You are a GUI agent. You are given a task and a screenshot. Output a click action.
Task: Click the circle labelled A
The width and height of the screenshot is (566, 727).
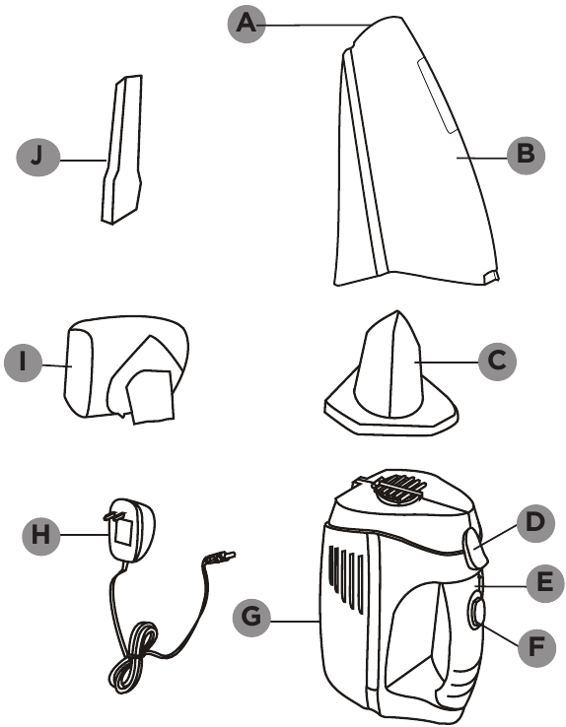tap(247, 24)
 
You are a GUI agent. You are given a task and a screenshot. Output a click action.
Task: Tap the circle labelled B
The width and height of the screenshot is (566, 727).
tap(526, 155)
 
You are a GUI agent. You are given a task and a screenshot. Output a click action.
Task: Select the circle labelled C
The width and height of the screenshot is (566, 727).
tap(497, 362)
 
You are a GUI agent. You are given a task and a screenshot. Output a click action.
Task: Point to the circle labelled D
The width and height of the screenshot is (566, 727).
tap(534, 522)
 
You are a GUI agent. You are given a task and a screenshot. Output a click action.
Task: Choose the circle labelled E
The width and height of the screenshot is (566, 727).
tap(545, 583)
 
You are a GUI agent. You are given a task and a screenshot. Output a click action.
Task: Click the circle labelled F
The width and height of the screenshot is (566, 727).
tap(535, 647)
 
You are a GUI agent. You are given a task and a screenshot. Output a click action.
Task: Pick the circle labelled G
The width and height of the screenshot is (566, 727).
tap(251, 617)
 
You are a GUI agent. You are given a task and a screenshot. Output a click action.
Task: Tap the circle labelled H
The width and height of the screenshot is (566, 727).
tap(41, 535)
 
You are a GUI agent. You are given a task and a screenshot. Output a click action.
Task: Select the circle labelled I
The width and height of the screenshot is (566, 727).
tap(24, 363)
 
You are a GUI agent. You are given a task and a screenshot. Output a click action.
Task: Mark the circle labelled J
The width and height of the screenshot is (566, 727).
tap(38, 157)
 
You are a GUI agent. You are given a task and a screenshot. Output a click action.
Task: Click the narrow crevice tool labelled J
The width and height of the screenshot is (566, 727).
tap(121, 150)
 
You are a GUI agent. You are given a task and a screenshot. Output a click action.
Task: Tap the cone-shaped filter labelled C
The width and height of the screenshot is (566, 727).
tap(390, 375)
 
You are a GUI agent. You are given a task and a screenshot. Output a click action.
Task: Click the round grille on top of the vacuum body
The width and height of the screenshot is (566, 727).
tap(399, 489)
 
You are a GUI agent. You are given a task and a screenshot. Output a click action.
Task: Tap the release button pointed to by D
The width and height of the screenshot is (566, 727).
tap(475, 548)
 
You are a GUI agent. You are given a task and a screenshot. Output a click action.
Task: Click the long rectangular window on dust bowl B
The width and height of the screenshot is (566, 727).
tap(437, 96)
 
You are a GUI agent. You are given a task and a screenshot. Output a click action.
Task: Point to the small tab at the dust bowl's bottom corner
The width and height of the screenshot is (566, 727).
tap(491, 277)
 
